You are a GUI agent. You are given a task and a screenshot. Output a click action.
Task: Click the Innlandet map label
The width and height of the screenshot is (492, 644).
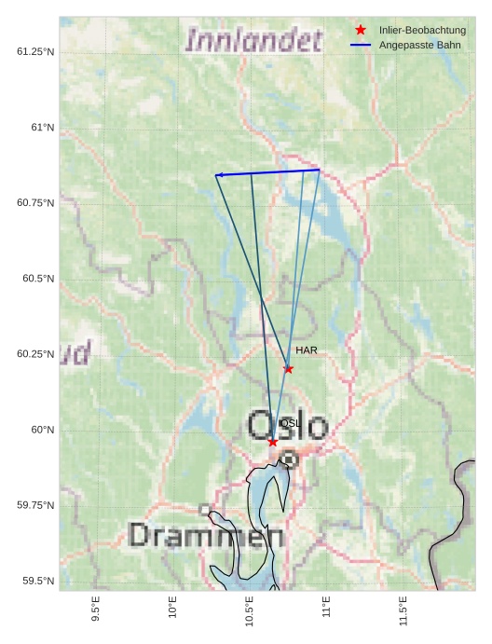tap(253, 40)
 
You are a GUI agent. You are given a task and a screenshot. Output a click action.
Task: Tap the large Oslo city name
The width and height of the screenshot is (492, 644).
tap(287, 426)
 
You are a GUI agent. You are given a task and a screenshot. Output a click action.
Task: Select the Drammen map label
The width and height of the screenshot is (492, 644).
tap(206, 535)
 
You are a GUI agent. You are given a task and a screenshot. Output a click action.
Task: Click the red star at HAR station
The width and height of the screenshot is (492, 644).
tap(288, 369)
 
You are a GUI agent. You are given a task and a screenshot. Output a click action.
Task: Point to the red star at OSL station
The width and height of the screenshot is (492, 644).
tap(272, 442)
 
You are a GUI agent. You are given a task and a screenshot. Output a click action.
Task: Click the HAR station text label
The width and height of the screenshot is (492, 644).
tap(307, 350)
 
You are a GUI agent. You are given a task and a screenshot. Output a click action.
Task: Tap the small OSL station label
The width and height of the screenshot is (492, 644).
tap(290, 423)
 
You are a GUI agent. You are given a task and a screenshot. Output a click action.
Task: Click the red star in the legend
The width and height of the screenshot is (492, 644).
tap(361, 31)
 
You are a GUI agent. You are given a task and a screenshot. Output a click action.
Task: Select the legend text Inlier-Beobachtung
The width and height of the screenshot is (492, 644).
tap(422, 31)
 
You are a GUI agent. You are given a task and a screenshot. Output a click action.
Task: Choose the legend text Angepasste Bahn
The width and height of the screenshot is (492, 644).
tap(415, 46)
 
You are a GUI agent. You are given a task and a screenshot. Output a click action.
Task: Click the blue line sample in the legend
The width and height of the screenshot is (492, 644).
tap(361, 46)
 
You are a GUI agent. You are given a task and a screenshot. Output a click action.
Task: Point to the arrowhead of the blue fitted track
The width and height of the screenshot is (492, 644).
tap(218, 175)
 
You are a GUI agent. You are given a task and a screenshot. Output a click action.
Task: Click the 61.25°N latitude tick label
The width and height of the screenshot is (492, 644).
tap(35, 51)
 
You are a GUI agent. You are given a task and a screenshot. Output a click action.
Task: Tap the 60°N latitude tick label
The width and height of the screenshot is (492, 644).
tap(43, 430)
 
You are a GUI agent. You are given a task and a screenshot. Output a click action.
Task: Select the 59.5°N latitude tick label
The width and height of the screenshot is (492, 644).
tap(38, 582)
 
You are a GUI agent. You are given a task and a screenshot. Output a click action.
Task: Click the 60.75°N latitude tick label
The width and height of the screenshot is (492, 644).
tap(35, 203)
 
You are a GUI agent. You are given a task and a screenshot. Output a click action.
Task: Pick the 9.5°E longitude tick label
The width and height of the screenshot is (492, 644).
tap(96, 610)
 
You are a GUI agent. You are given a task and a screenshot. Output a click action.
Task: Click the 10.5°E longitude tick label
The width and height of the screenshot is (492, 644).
tap(250, 610)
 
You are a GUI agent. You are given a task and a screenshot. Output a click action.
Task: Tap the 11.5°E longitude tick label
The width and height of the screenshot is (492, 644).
tap(403, 610)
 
